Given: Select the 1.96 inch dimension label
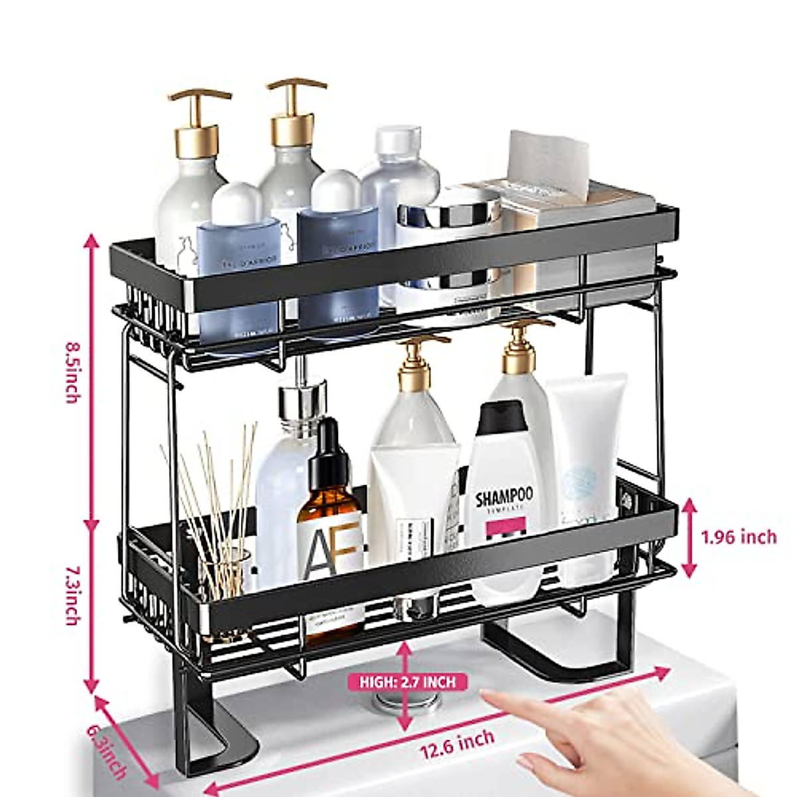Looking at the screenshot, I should point(739,537).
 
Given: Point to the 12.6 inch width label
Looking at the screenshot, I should point(458,744).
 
